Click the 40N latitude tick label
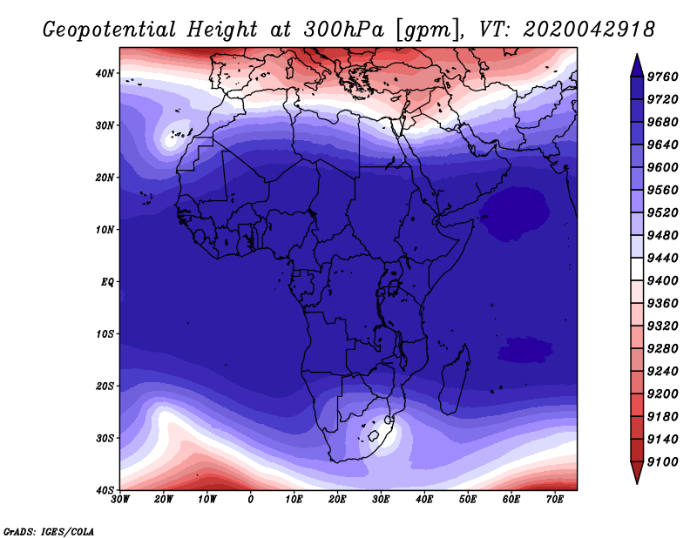point(105,73)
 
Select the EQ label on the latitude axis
point(107,282)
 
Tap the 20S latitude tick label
point(105,386)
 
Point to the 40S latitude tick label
point(105,490)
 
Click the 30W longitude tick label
point(120,500)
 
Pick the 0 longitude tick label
point(251,500)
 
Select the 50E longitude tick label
point(468,500)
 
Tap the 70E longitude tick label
point(555,500)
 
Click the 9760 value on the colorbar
point(662,77)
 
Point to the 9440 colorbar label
point(662,258)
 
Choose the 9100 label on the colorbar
point(662,462)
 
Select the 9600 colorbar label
point(662,167)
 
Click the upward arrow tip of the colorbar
point(637,54)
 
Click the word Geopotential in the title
point(110,30)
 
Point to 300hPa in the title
point(343,30)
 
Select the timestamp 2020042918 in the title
point(589,30)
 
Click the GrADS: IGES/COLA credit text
point(49,532)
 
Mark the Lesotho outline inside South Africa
point(373,436)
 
